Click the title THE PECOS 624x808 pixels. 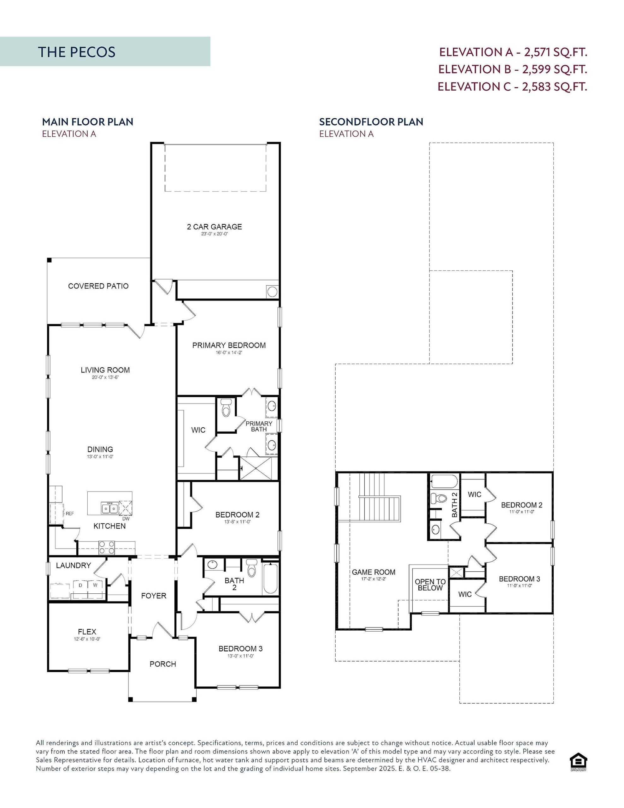pyautogui.click(x=77, y=52)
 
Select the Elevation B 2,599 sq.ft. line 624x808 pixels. pyautogui.click(x=513, y=69)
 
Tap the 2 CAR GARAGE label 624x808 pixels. pyautogui.click(x=214, y=227)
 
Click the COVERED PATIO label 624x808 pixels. pyautogui.click(x=98, y=286)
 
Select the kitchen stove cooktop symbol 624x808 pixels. pyautogui.click(x=107, y=548)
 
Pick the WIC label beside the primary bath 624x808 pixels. pyautogui.click(x=198, y=430)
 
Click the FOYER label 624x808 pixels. pyautogui.click(x=154, y=596)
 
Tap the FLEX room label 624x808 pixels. pyautogui.click(x=87, y=632)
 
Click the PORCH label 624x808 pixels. pyautogui.click(x=163, y=664)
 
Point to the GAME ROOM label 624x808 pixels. pyautogui.click(x=374, y=572)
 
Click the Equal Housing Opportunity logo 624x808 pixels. pyautogui.click(x=579, y=763)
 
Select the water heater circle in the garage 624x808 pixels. pyautogui.click(x=272, y=292)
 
